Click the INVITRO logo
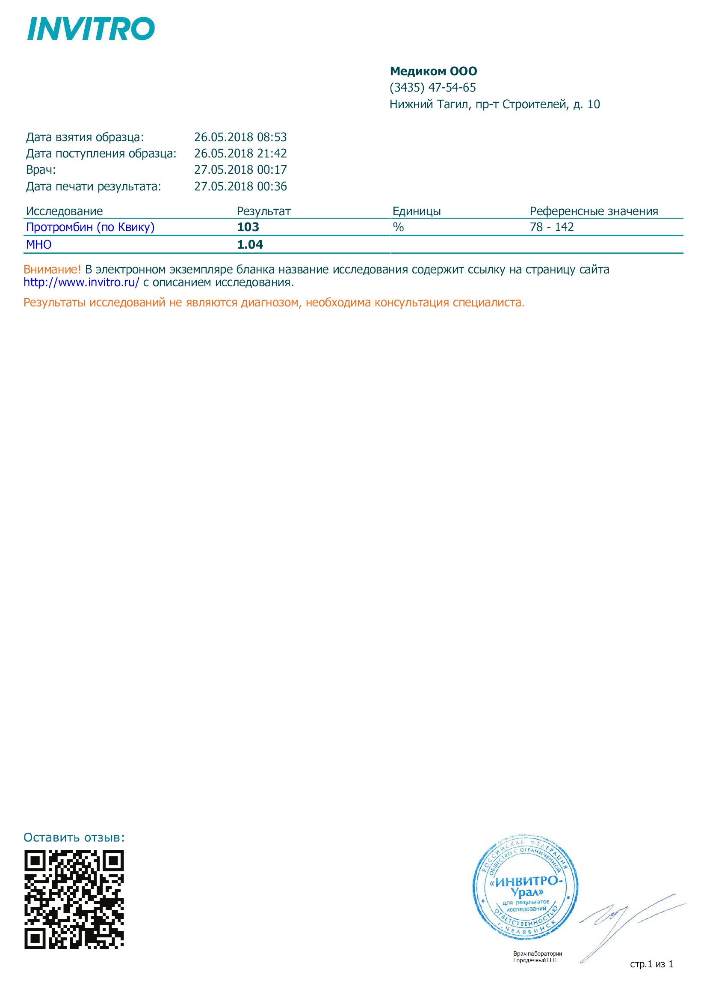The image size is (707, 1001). (x=91, y=29)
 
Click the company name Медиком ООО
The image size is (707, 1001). (x=433, y=71)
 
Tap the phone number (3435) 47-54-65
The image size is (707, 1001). (x=432, y=88)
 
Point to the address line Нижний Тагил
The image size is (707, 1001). (x=494, y=104)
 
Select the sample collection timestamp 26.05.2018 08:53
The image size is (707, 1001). (x=240, y=137)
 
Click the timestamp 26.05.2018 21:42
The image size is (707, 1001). (x=240, y=154)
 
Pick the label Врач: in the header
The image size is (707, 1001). (x=41, y=170)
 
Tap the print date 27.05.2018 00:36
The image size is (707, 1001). (x=240, y=187)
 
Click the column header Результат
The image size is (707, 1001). (x=263, y=211)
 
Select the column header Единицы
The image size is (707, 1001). (x=416, y=211)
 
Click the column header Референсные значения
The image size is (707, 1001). (x=593, y=211)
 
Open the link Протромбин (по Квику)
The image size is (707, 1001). (x=90, y=227)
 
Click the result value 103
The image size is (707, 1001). (x=248, y=227)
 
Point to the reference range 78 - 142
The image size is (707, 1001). (x=551, y=227)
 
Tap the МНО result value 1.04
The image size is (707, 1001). (x=250, y=245)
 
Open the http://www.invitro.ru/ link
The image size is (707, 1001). (x=81, y=282)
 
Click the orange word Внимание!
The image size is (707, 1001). (x=52, y=270)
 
